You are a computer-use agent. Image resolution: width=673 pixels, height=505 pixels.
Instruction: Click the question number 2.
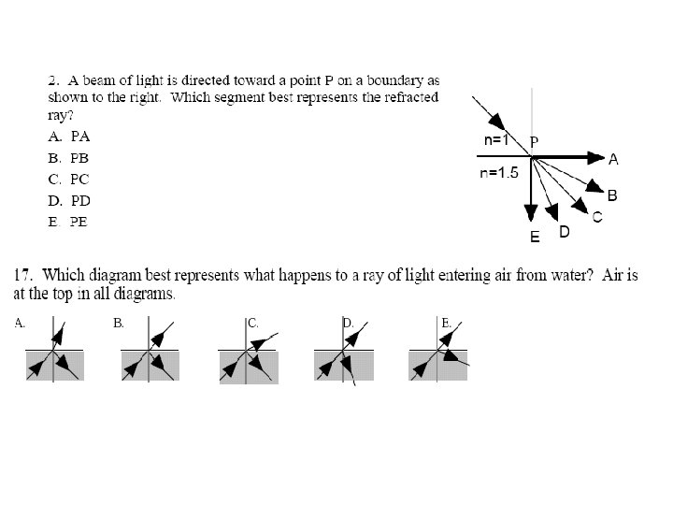click(x=52, y=79)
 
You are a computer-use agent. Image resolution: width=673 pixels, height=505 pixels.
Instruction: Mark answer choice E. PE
click(x=68, y=222)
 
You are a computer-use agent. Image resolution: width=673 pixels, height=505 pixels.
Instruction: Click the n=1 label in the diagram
click(x=496, y=140)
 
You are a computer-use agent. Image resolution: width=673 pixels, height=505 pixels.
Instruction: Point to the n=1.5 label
click(x=499, y=173)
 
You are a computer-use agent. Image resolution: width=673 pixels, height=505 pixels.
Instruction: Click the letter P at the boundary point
click(x=534, y=141)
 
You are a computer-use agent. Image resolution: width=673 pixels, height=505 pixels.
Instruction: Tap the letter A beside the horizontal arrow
click(x=613, y=160)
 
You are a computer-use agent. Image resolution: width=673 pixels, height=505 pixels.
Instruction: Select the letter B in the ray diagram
click(x=612, y=195)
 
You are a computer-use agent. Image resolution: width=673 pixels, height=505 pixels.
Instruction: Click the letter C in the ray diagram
click(x=596, y=217)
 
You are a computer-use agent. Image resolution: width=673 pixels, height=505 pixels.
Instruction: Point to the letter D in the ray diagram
click(x=565, y=230)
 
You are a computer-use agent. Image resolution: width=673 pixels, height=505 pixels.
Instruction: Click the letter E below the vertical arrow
click(x=535, y=238)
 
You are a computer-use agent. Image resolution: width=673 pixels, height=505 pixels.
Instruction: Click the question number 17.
click(x=24, y=276)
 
